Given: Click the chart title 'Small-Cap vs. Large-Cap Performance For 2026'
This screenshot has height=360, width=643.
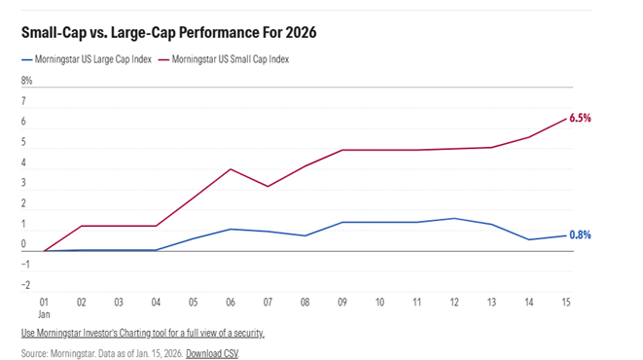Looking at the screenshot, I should pyautogui.click(x=168, y=32).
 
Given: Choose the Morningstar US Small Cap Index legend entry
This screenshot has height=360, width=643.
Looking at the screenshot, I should pyautogui.click(x=234, y=59).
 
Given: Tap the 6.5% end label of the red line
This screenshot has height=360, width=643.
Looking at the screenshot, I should pyautogui.click(x=580, y=118).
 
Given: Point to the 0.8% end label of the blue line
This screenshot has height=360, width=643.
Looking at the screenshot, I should pyautogui.click(x=580, y=234).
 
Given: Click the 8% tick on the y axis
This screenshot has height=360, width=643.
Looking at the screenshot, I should pyautogui.click(x=27, y=81).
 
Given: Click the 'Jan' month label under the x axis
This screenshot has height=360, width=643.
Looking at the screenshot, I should pyautogui.click(x=45, y=315).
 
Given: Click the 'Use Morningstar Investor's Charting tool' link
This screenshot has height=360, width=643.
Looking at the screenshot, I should pyautogui.click(x=142, y=333).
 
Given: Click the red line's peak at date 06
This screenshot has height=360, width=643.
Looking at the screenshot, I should pyautogui.click(x=230, y=169).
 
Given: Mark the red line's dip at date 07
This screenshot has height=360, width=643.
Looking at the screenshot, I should pyautogui.click(x=267, y=186).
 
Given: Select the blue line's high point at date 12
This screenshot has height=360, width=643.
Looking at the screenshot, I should pyautogui.click(x=453, y=218).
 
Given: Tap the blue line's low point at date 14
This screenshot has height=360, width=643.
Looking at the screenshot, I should pyautogui.click(x=527, y=239).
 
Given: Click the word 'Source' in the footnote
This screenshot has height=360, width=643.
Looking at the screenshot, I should pyautogui.click(x=36, y=352).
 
